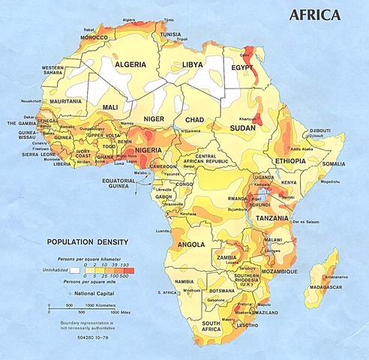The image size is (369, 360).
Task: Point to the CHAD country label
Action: pos(195,120)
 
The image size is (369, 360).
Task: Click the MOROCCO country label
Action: pos(94,37)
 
